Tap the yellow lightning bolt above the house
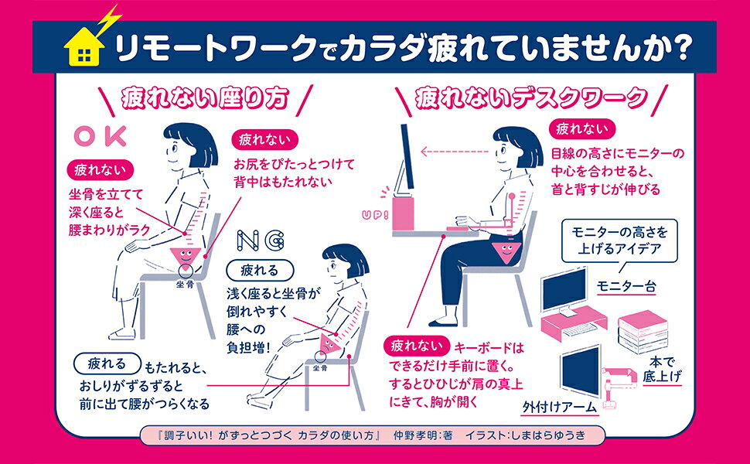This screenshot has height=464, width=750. point(109,20)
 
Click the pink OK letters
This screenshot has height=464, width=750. point(101,136)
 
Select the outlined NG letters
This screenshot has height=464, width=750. point(261,241)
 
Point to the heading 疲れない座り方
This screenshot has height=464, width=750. point(205,98)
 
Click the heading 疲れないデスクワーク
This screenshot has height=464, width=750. point(531,98)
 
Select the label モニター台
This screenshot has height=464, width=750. point(626,286)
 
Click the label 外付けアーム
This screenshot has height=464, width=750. point(560,407)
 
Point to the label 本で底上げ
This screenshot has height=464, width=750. point(662,370)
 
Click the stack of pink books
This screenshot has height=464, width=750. point(643,332)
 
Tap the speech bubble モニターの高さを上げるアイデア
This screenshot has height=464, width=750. point(619,241)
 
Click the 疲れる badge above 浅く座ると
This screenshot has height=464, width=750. point(260,271)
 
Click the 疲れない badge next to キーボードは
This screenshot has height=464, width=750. point(416,346)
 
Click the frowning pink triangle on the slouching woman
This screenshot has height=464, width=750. point(329,343)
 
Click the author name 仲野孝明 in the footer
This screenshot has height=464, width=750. point(418,435)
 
